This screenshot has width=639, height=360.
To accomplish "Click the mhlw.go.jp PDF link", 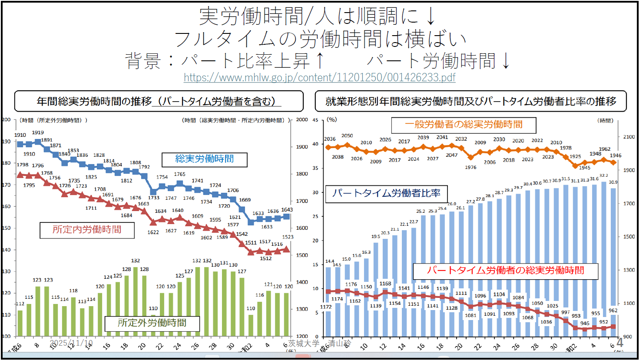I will (319, 77).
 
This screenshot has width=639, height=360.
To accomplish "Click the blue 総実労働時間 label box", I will (204, 159).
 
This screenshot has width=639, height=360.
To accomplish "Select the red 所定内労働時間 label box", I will (87, 230).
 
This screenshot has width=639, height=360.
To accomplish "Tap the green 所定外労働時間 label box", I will (152, 323).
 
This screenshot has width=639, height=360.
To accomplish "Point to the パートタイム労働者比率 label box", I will (386, 194).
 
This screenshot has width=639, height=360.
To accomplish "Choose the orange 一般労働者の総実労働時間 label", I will (464, 125).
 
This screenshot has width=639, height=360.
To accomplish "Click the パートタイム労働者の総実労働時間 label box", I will (505, 271).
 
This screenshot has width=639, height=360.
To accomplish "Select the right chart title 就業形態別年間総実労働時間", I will (470, 101).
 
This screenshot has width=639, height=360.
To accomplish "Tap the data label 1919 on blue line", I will (38, 132).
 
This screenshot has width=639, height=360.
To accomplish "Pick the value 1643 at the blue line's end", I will (287, 210).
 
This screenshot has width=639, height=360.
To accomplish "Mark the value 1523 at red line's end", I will (288, 237).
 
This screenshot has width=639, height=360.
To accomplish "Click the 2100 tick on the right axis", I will (629, 137).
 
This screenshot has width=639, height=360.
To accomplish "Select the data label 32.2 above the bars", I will (603, 176).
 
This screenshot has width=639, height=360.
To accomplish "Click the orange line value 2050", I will (347, 136).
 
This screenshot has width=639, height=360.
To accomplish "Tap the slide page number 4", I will (620, 342).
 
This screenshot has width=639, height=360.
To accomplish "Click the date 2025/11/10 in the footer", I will (71, 343).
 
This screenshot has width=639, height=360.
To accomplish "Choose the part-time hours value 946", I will (585, 324).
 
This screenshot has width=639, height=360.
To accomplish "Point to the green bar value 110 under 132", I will (153, 308).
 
